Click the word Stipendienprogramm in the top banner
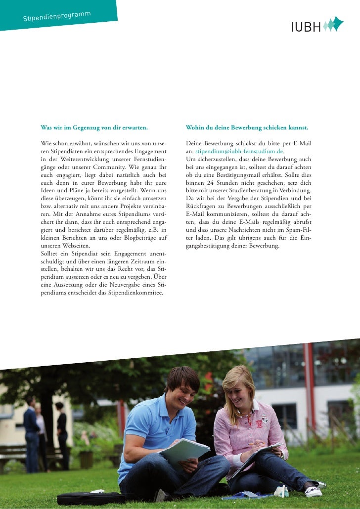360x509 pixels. pos(57,16)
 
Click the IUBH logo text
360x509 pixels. pos(306,27)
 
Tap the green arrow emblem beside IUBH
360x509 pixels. pos(333,24)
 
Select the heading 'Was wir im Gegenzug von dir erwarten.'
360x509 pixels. pos(94,128)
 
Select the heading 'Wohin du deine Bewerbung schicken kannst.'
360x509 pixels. pos(247,128)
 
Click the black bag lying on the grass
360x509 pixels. pos(91,498)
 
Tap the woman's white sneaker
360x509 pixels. pos(314,491)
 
